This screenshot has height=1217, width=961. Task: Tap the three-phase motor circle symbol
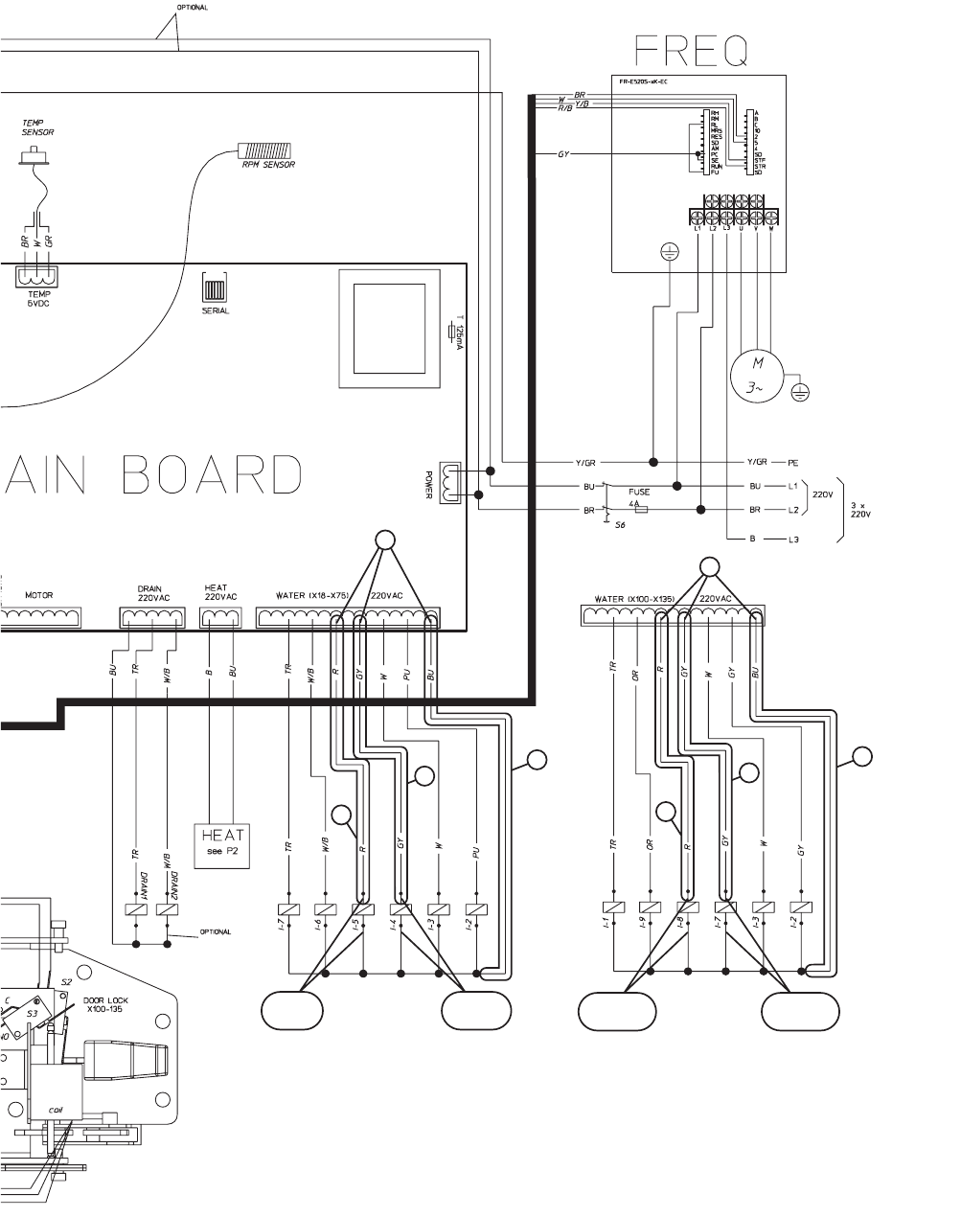tap(758, 375)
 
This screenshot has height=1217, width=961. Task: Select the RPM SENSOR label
tap(268, 165)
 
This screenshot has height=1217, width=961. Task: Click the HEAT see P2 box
tap(221, 844)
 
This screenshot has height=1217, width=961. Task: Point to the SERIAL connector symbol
tap(216, 288)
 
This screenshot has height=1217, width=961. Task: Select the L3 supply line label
tap(792, 540)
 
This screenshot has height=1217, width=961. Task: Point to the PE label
tap(792, 462)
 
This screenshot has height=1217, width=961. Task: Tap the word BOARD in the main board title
tap(214, 474)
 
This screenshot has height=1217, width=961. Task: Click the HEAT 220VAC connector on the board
tap(220, 619)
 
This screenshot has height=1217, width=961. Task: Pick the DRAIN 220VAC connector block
tap(150, 619)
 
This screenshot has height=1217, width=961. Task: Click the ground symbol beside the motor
tap(801, 390)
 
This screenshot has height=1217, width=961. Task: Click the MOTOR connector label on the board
tap(39, 596)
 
